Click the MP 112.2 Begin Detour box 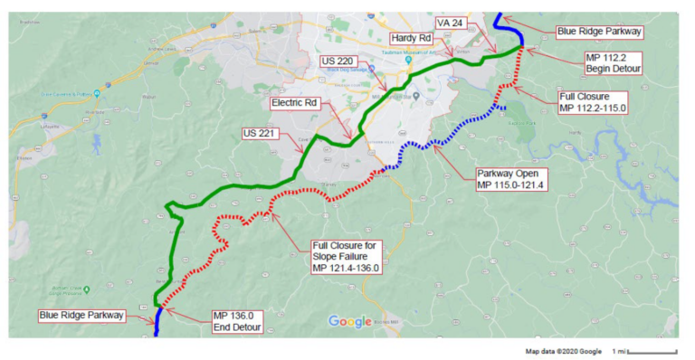coord(615,63)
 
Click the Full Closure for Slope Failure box coord(348,256)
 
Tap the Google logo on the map coord(349,321)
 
